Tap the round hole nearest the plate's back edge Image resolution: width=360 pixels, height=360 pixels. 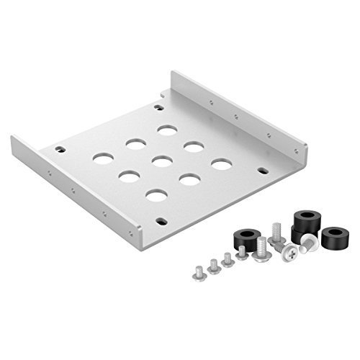point(167,130)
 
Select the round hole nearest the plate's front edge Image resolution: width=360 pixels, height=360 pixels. point(155,195)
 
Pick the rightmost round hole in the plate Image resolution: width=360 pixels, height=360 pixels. point(220,164)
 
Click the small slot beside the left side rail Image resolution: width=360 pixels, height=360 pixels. point(60,150)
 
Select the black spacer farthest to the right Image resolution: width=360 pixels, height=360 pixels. point(333,237)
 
